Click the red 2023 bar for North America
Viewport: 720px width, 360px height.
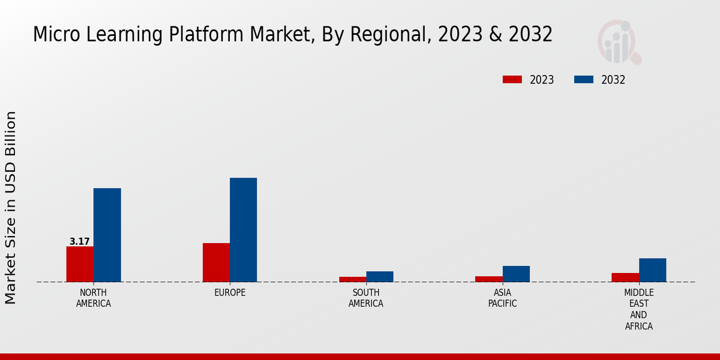[x=80, y=264]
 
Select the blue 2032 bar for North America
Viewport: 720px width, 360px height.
[x=107, y=235]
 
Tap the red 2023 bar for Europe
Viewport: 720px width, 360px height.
[x=216, y=262]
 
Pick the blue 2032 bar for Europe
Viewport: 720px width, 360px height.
[x=243, y=230]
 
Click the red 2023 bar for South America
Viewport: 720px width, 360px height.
[x=352, y=279]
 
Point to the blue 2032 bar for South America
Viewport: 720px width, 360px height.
[x=380, y=277]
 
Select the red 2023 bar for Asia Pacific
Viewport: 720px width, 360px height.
[x=488, y=279]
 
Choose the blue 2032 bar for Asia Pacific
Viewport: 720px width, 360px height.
[x=516, y=274]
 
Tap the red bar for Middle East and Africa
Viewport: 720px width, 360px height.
[x=625, y=277]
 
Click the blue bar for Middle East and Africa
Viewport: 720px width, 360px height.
[x=652, y=270]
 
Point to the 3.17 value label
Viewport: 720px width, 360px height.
[x=80, y=242]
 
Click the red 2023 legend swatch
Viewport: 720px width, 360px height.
[x=512, y=80]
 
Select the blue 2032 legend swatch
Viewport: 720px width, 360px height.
[x=584, y=80]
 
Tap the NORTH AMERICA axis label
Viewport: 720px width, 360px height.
[x=94, y=298]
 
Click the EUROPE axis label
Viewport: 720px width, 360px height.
[x=230, y=293]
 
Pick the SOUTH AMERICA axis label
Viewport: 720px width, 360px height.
[x=366, y=298]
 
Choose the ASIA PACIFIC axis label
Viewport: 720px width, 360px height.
[x=502, y=298]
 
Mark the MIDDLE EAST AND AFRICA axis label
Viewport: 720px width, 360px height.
[x=638, y=310]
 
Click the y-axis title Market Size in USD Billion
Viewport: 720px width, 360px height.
[x=11, y=207]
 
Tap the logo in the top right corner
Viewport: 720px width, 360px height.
[x=619, y=42]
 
